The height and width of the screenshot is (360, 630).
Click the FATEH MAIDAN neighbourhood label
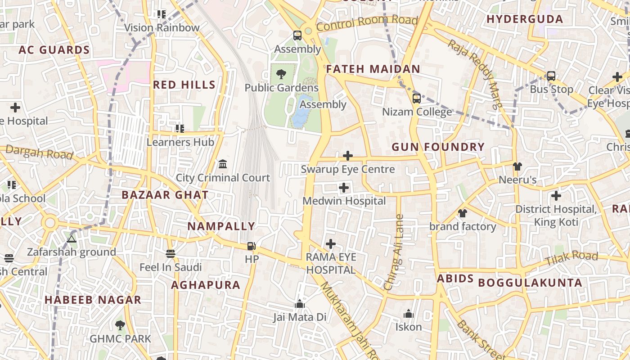point(373,69)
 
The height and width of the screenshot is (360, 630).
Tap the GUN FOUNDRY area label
point(438,147)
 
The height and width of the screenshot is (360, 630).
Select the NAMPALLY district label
point(221,226)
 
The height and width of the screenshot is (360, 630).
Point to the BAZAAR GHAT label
point(165,195)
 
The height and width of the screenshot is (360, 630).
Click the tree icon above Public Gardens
point(281,74)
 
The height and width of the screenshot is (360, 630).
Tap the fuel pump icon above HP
point(252,246)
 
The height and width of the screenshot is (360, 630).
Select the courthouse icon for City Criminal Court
point(223,164)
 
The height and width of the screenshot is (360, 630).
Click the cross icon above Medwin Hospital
point(344,187)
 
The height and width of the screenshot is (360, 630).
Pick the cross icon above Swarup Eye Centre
point(347,156)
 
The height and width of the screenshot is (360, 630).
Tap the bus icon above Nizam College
point(417,98)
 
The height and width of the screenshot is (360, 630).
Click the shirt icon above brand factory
point(462,213)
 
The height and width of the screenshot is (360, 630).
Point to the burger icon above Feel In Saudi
point(170,254)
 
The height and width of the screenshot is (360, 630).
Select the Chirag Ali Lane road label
point(394,252)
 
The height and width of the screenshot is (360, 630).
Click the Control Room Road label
point(367,23)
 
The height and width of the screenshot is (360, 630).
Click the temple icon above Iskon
point(408,314)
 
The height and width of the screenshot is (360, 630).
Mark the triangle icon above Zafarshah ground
point(71,238)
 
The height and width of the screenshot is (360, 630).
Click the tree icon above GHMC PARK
point(120,325)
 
